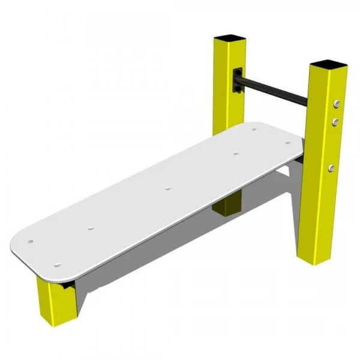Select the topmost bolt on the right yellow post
pyautogui.click(x=337, y=104)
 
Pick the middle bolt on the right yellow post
pyautogui.click(x=335, y=122)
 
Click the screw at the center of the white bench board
pyautogui.click(x=167, y=190)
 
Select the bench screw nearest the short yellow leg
pyautogui.click(x=58, y=265)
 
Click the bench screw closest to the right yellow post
pyautogui.click(x=288, y=143)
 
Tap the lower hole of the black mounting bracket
pyautogui.click(x=238, y=89)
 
